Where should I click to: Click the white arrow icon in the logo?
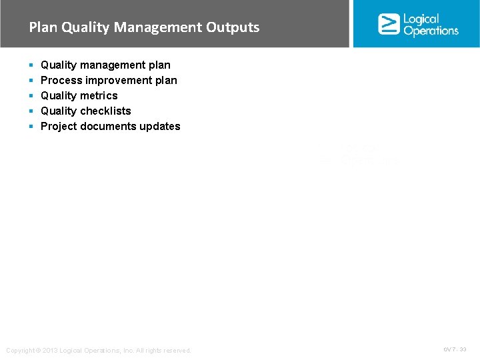[x=389, y=24]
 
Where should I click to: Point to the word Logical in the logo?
[x=421, y=19]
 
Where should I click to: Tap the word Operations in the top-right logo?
[x=431, y=31]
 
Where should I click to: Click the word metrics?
[x=99, y=96]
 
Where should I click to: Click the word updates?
[x=159, y=127]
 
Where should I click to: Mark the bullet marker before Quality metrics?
[x=31, y=96]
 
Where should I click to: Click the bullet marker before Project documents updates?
[x=31, y=127]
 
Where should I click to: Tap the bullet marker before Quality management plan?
[x=31, y=65]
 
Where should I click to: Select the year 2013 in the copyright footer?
[x=49, y=351]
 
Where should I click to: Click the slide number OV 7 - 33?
[x=455, y=349]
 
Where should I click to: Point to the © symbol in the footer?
[x=37, y=351]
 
